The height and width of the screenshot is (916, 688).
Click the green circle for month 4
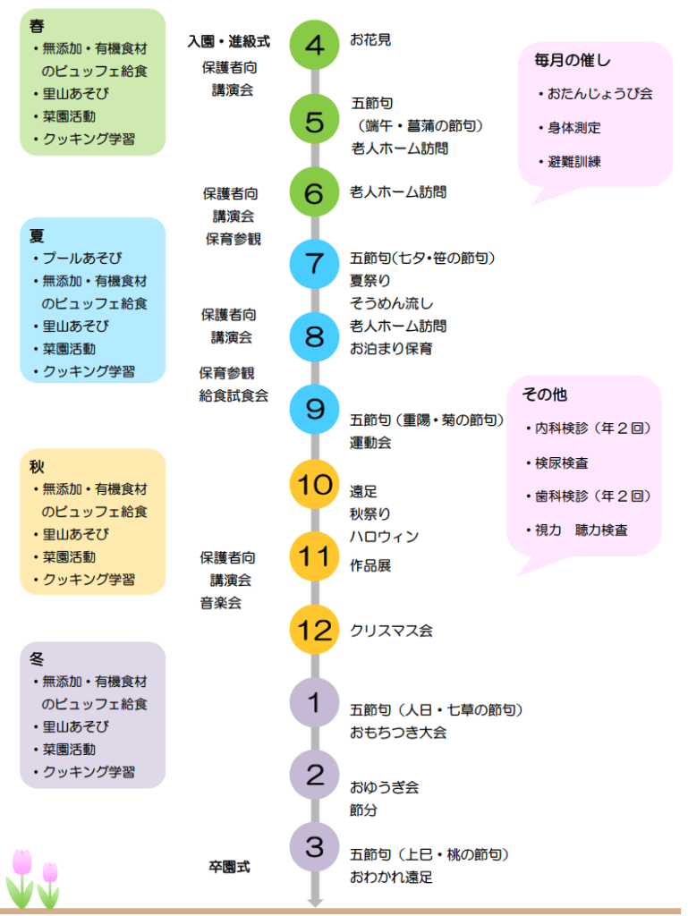314,45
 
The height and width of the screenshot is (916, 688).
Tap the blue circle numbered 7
314,263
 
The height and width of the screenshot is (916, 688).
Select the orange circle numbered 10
314,484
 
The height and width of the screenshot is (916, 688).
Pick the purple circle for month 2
314,775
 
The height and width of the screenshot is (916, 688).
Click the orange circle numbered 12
314,629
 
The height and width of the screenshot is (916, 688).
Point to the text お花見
370,39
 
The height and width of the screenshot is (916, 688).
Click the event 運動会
370,442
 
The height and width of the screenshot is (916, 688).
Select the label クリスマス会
392,631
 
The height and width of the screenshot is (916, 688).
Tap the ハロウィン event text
384,537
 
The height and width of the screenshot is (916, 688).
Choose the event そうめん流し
391,304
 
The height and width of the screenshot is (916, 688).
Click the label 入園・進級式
229,41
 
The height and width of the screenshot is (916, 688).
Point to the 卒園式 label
229,866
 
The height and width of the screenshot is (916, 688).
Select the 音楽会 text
220,603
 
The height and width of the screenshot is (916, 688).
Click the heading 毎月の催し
573,61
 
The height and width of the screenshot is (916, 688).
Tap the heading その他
545,394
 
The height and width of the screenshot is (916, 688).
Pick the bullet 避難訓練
574,162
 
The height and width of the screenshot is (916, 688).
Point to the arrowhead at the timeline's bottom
314,902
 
